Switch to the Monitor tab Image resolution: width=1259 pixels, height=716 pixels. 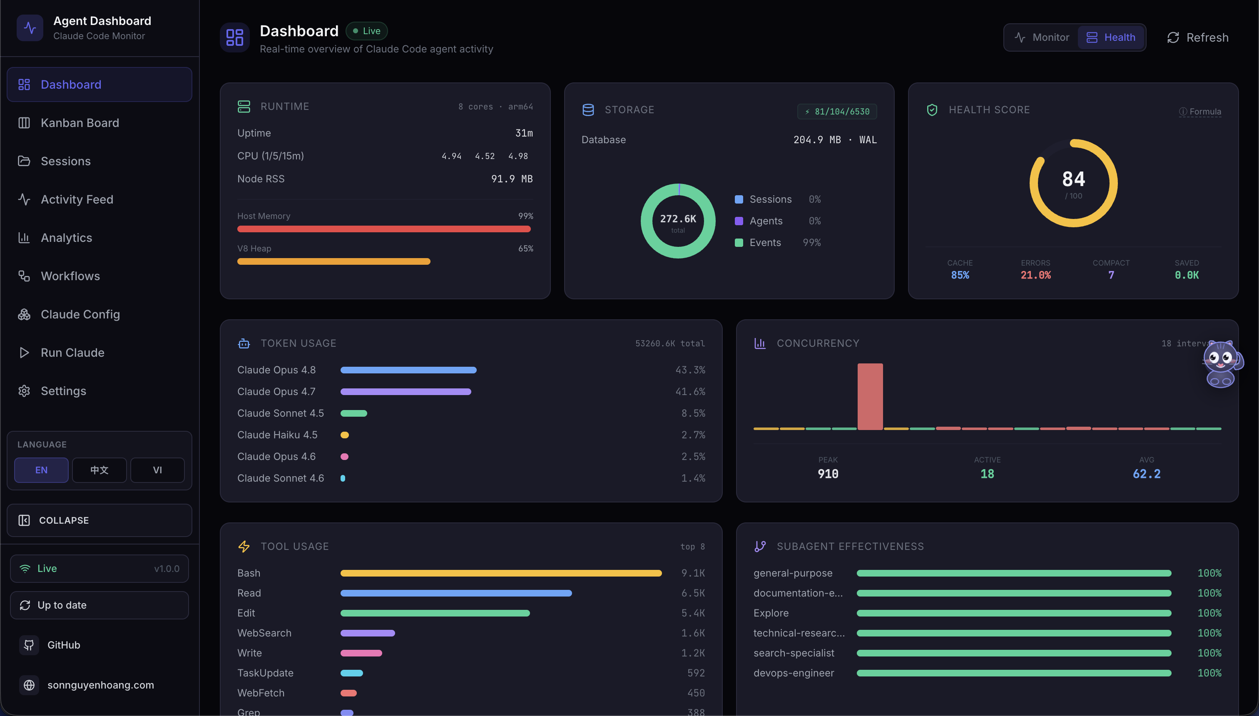pos(1042,37)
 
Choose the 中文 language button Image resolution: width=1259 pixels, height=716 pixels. pos(100,470)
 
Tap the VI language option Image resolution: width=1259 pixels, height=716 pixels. pos(157,470)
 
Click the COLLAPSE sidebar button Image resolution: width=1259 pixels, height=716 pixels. pos(100,520)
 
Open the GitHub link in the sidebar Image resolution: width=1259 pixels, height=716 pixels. pos(63,645)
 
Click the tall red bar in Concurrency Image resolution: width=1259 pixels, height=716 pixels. pos(870,396)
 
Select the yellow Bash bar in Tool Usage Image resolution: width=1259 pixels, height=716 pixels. pos(501,573)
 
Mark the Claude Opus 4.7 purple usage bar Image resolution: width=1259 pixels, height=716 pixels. pos(406,392)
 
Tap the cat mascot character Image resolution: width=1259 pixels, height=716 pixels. pos(1222,364)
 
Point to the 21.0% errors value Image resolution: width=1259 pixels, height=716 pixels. pos(1035,276)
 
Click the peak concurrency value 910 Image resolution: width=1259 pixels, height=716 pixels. pos(828,474)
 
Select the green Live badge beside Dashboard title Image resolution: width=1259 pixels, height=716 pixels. pos(366,31)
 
